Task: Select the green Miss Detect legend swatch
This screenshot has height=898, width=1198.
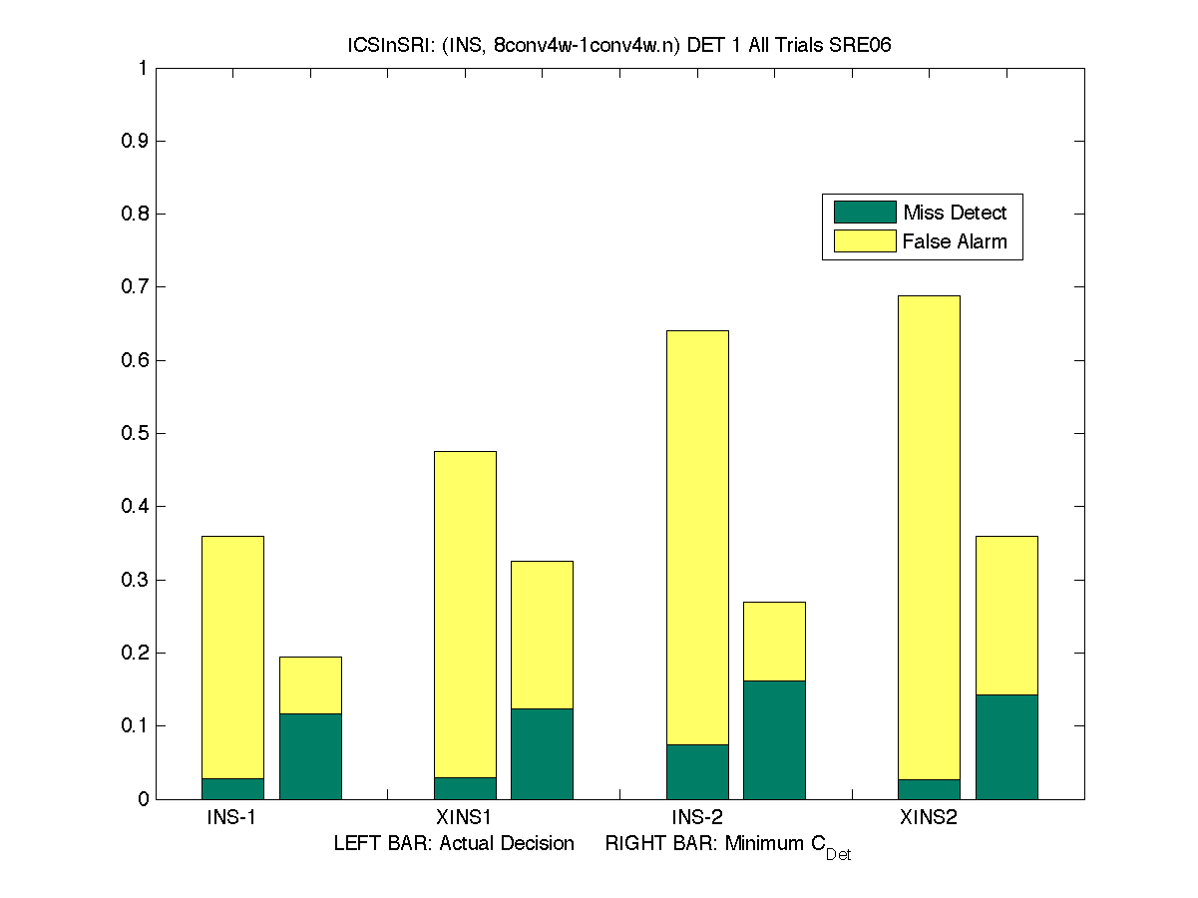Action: pyautogui.click(x=865, y=213)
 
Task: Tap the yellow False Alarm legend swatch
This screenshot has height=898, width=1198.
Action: pyautogui.click(x=865, y=241)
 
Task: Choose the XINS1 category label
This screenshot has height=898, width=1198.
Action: pyautogui.click(x=465, y=818)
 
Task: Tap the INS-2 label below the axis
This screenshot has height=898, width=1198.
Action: pyautogui.click(x=697, y=818)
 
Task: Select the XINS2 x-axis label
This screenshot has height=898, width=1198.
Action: pyautogui.click(x=929, y=818)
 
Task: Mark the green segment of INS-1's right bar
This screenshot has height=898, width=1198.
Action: pyautogui.click(x=310, y=756)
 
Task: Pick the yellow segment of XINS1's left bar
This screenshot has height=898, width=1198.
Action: pyautogui.click(x=465, y=614)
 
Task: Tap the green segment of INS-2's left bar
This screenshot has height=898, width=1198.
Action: pyautogui.click(x=697, y=771)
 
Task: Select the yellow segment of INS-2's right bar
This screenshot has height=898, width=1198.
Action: pyautogui.click(x=774, y=641)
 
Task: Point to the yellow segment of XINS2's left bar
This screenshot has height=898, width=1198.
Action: pyautogui.click(x=929, y=537)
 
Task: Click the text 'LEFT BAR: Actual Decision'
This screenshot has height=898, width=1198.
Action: pyautogui.click(x=454, y=844)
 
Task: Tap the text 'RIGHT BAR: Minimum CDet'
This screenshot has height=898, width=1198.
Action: pyautogui.click(x=727, y=846)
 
